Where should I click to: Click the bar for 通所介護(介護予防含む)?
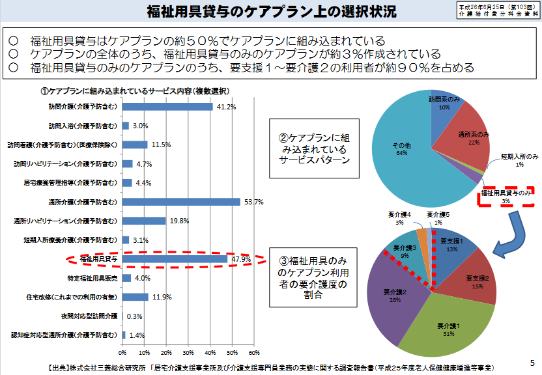click(181, 202)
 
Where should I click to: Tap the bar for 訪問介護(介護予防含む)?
click(167, 106)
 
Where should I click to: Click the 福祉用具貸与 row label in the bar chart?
click(98, 259)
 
